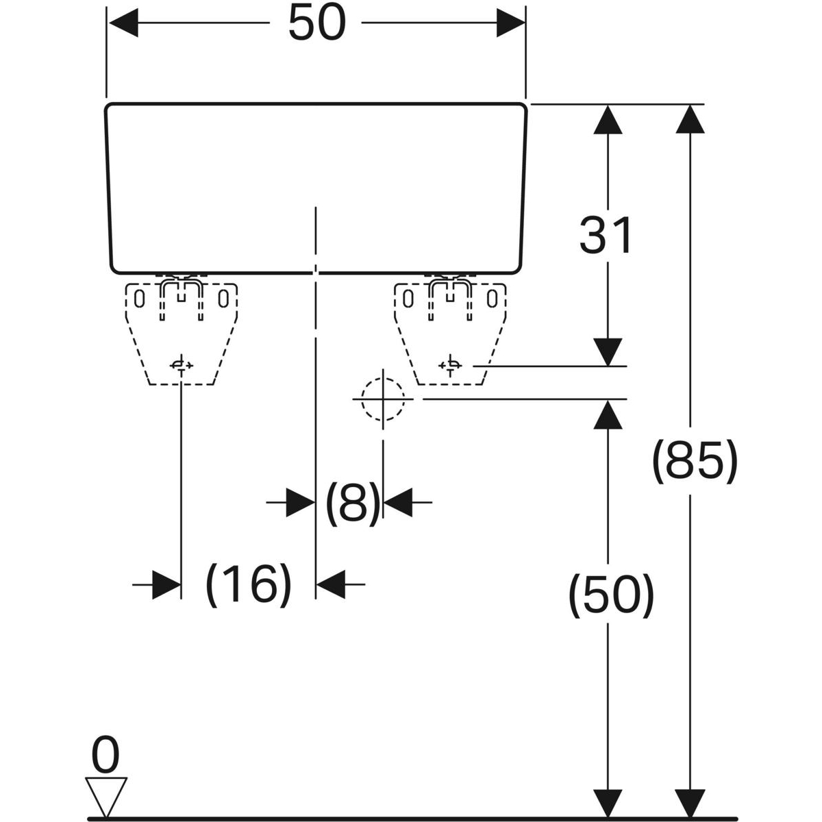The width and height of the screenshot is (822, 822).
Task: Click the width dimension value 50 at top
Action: pyautogui.click(x=316, y=25)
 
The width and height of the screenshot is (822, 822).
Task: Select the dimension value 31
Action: pyautogui.click(x=606, y=235)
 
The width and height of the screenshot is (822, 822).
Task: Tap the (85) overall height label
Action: pyautogui.click(x=694, y=460)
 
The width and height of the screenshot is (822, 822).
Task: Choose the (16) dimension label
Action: pyautogui.click(x=249, y=584)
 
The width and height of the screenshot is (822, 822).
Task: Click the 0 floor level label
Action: pyautogui.click(x=105, y=756)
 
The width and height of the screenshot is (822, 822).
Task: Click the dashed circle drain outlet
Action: pyautogui.click(x=383, y=399)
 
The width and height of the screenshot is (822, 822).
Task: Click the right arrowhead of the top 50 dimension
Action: pyautogui.click(x=510, y=25)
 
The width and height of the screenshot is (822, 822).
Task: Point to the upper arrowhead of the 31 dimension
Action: pyautogui.click(x=606, y=119)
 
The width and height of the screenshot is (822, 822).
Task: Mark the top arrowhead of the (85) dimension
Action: pyautogui.click(x=690, y=119)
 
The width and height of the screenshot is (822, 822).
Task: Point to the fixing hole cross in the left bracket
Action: pyautogui.click(x=181, y=365)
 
